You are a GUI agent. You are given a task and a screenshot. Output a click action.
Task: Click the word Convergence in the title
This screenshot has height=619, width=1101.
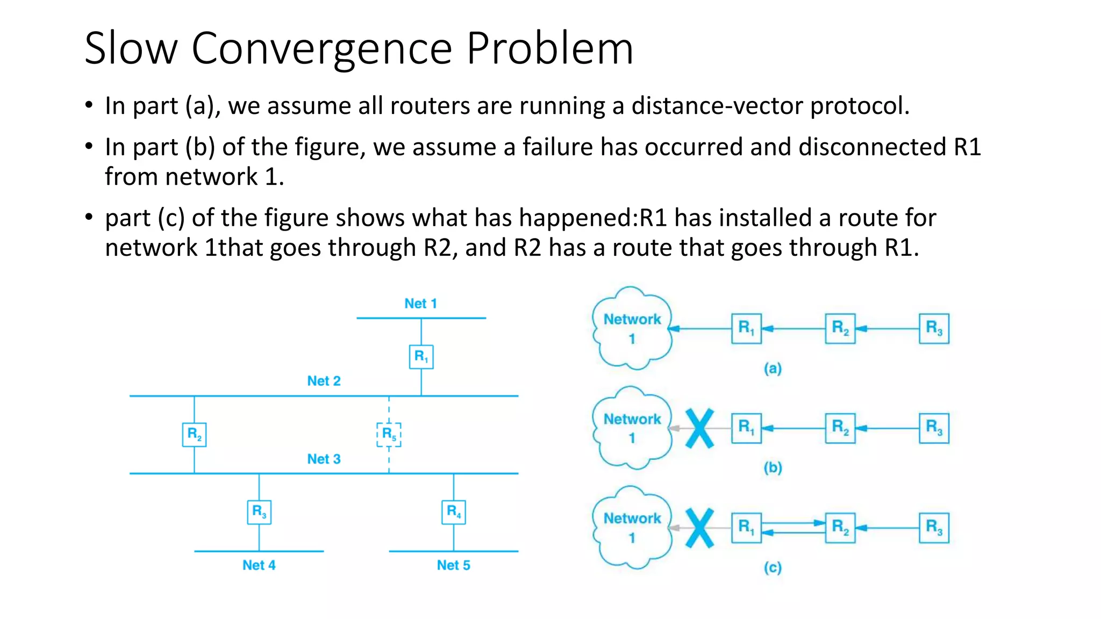[321, 49]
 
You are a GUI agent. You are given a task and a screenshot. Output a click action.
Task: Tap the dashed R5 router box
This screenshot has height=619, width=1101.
[389, 435]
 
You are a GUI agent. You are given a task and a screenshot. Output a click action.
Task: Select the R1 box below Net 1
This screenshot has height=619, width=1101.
[421, 357]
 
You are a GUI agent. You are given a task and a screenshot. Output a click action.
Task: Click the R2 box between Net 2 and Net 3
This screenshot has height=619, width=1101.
[194, 435]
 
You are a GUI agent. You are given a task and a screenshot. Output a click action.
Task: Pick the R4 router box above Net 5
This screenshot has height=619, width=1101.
[454, 512]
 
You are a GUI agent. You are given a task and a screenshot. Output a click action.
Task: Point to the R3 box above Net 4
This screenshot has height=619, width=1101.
[259, 512]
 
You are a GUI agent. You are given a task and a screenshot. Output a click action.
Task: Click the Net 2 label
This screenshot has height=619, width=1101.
[324, 381]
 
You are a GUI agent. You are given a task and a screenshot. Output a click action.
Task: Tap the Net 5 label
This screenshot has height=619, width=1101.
[453, 565]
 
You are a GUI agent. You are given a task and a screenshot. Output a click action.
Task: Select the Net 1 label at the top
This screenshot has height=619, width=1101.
[420, 304]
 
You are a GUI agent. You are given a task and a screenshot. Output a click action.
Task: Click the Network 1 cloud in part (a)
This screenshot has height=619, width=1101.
[632, 328]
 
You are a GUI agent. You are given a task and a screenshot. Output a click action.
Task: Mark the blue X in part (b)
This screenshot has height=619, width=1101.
[700, 428]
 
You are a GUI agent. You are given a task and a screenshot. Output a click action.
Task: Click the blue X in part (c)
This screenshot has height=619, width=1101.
[700, 528]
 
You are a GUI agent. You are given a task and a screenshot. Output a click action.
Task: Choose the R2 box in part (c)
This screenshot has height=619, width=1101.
[840, 528]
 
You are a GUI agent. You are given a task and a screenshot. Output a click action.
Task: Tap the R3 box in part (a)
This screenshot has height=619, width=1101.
[934, 328]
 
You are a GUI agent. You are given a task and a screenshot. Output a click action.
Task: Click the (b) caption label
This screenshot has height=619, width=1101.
[773, 468]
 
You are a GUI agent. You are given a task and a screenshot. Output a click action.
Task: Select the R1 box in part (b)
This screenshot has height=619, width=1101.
[746, 428]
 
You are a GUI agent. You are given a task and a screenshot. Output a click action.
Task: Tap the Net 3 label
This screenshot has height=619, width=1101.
[324, 459]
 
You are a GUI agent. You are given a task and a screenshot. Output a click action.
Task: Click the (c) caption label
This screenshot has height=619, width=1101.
[773, 568]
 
